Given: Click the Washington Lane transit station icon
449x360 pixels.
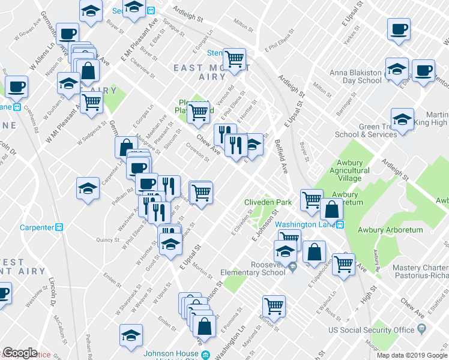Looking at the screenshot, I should point(340,224).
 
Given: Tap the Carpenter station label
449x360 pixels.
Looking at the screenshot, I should point(37,227).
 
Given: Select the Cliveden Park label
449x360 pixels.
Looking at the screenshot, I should point(268,202).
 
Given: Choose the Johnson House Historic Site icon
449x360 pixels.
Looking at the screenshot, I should point(205,355).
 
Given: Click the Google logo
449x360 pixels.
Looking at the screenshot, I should point(20,353).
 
